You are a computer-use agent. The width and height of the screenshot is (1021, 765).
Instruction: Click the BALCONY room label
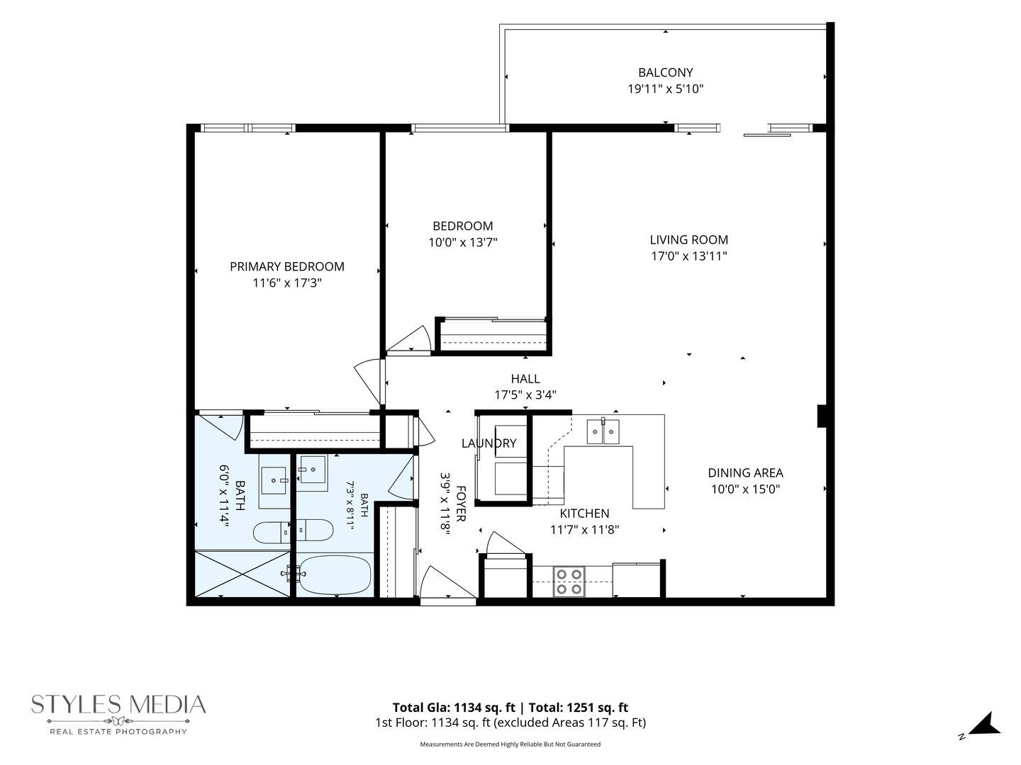tap(665, 72)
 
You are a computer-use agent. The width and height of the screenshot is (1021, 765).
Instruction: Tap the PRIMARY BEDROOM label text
tap(287, 266)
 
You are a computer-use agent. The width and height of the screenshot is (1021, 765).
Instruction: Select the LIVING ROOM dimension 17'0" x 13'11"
tap(688, 256)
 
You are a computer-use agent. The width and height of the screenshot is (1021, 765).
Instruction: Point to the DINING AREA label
tap(745, 473)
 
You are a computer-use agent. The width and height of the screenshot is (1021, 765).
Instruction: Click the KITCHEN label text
tap(584, 514)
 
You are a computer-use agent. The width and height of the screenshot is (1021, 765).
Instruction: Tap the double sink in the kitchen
tap(603, 431)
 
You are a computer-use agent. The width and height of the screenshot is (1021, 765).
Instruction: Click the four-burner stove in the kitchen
tap(569, 582)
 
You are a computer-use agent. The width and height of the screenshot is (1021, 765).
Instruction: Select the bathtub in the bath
tap(335, 574)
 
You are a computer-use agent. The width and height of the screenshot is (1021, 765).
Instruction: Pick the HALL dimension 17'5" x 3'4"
tap(525, 395)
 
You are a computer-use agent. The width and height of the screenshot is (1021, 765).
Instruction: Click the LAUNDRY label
tap(489, 443)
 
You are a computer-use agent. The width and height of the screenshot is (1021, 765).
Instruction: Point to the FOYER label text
tap(460, 504)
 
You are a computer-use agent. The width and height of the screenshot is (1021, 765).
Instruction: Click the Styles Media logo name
tap(118, 705)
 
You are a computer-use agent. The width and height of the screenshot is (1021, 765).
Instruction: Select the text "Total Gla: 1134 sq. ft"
tap(454, 708)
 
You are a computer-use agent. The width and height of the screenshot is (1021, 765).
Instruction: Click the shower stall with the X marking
tap(242, 574)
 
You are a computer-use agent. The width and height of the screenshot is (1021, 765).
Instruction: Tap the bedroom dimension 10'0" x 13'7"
tap(463, 242)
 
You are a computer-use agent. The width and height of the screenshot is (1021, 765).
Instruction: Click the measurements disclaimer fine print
tap(510, 744)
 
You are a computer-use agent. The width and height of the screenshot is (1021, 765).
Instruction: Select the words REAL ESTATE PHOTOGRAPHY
tap(118, 732)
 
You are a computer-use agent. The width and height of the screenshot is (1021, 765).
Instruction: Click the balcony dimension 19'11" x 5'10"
tap(665, 89)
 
